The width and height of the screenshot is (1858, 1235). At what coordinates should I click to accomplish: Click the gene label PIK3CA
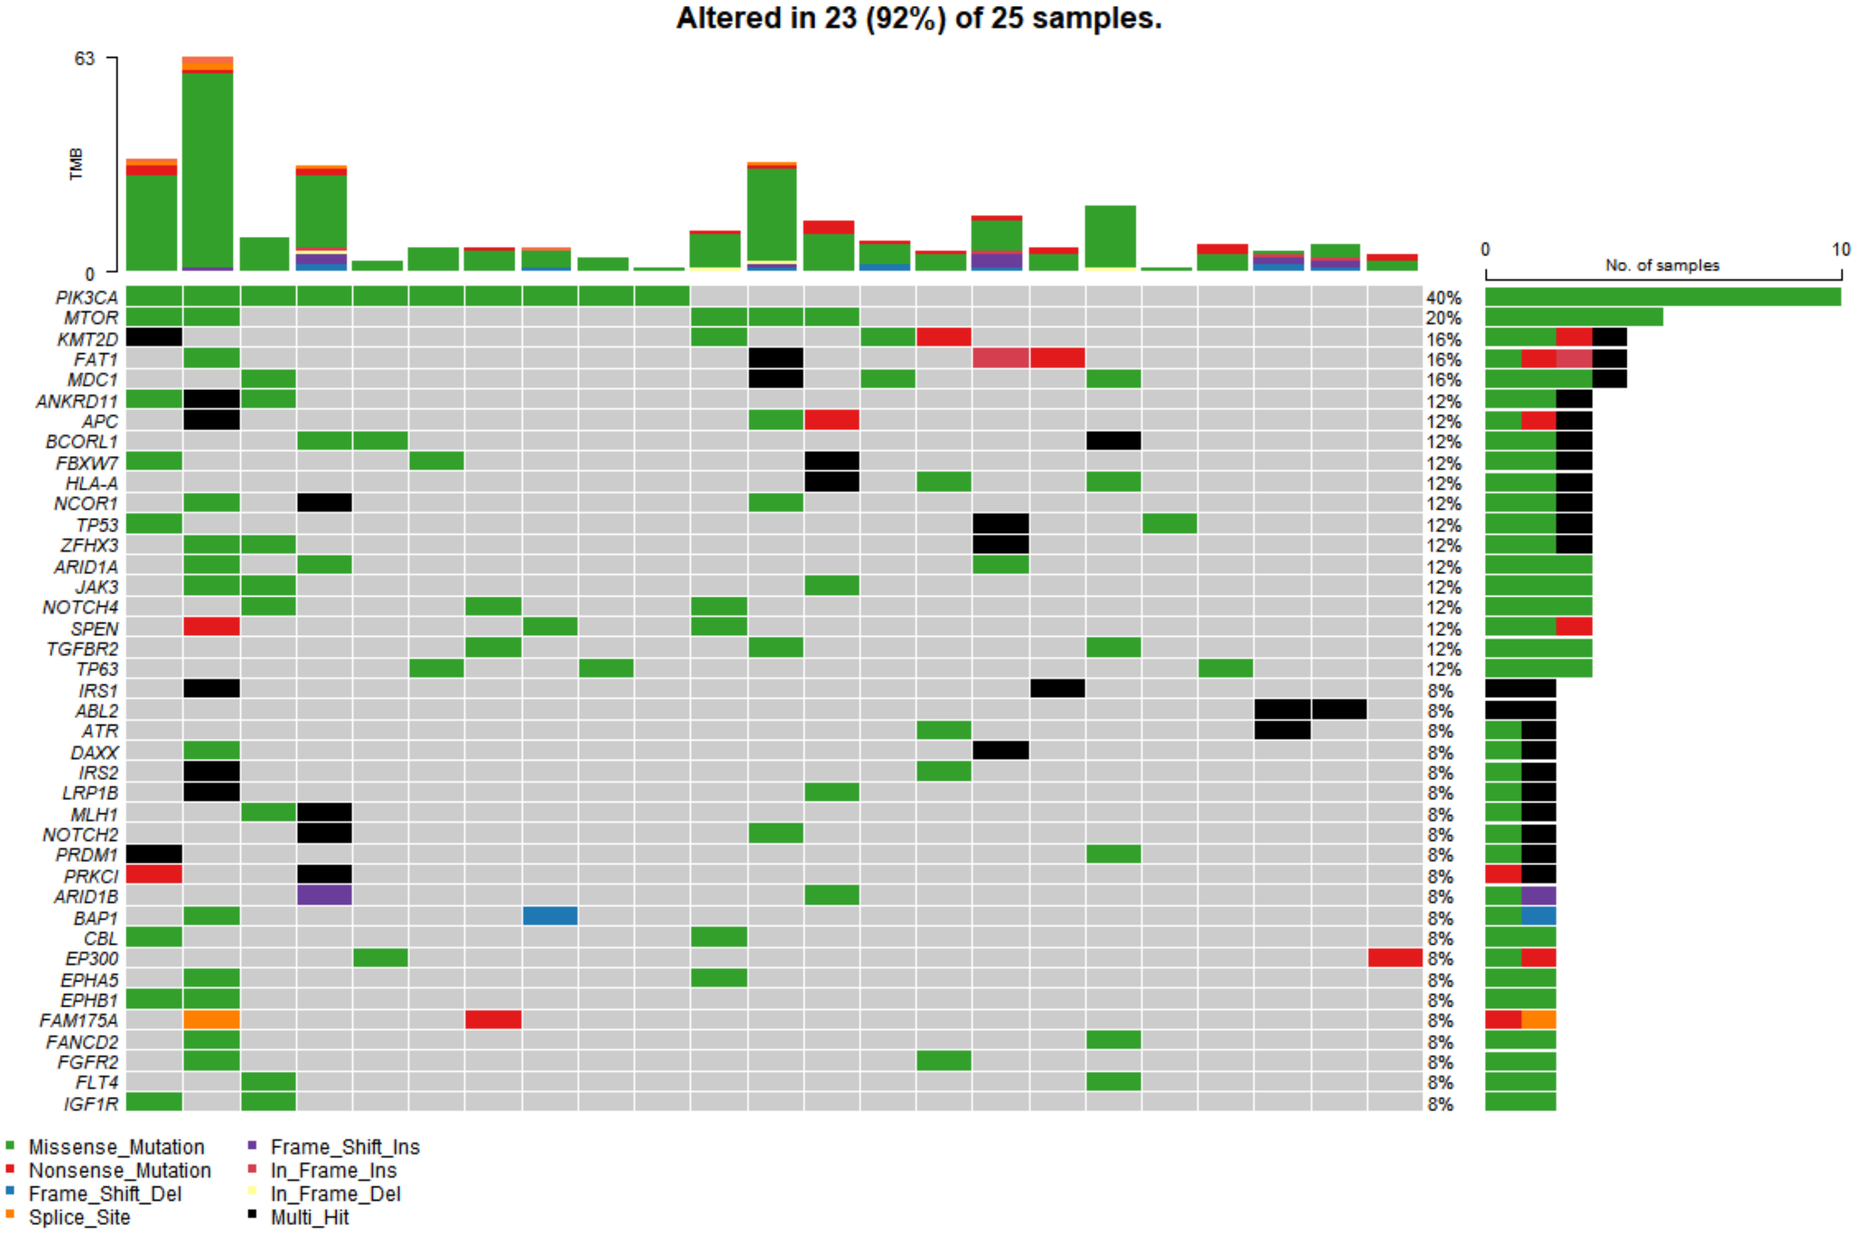click(87, 298)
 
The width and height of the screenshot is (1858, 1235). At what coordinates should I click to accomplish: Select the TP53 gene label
click(97, 525)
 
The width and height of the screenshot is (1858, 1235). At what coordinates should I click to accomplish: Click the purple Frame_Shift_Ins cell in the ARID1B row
click(324, 896)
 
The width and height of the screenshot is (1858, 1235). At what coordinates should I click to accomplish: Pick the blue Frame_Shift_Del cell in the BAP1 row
click(550, 916)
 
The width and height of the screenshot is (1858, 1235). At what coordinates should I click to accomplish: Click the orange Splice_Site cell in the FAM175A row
click(211, 1020)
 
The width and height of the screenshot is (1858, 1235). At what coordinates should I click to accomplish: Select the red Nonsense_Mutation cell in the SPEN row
click(211, 627)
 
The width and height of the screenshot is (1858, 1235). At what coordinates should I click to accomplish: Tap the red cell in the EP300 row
click(1395, 958)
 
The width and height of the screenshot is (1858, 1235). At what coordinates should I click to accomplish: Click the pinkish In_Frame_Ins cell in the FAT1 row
click(1000, 359)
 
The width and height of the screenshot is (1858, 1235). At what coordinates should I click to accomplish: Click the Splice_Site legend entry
click(79, 1217)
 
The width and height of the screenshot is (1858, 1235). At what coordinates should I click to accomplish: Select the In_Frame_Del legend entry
click(335, 1194)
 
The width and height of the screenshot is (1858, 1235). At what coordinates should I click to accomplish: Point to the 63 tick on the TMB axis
click(85, 58)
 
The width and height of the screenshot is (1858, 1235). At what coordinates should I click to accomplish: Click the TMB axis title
click(76, 164)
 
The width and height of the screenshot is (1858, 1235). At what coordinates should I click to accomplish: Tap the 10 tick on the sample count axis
click(1840, 250)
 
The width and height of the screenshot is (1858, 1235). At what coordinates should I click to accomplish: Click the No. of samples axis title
click(1662, 265)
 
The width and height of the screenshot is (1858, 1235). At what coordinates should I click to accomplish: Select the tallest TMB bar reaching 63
click(207, 166)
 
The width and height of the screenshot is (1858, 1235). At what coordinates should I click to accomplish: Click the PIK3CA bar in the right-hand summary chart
click(1662, 297)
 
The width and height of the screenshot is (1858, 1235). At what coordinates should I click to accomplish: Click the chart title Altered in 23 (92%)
click(919, 18)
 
